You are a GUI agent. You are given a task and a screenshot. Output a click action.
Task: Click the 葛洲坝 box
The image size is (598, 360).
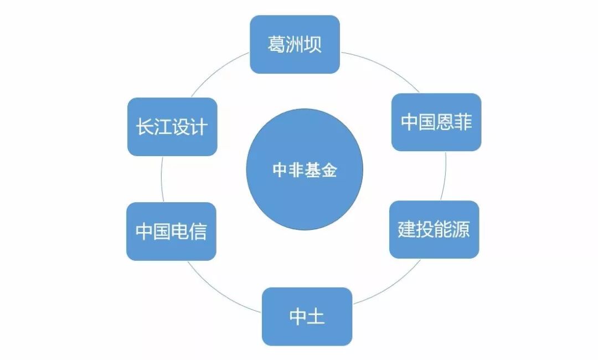click(295, 44)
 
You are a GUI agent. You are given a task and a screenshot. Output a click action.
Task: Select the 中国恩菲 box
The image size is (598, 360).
click(436, 122)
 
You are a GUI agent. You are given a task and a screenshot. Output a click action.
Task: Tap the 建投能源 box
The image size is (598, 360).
click(434, 229)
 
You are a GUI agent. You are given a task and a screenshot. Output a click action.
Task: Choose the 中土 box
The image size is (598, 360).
click(307, 316)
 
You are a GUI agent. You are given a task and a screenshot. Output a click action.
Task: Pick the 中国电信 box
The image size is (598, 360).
click(171, 232)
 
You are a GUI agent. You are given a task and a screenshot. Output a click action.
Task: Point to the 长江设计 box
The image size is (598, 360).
click(172, 127)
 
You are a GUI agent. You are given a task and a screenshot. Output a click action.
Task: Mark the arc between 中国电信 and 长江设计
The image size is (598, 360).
click(162, 179)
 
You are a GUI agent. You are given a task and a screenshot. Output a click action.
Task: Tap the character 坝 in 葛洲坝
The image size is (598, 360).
click(313, 44)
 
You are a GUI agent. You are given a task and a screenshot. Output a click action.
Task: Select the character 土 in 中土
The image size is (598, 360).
click(316, 316)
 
